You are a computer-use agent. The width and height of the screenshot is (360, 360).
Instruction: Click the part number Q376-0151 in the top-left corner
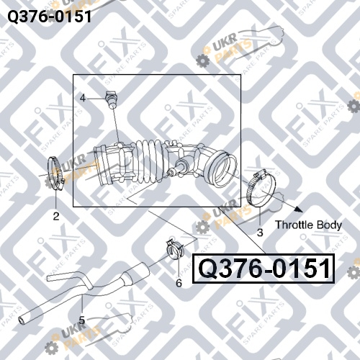click(50, 17)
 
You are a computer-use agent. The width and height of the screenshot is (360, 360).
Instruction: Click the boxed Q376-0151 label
click(264, 269)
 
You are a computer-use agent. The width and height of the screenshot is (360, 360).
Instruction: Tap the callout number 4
click(83, 98)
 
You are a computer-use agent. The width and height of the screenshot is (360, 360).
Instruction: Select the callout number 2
click(56, 217)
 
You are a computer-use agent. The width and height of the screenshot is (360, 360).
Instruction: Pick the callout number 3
click(260, 233)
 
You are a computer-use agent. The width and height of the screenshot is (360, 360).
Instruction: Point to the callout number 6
click(179, 283)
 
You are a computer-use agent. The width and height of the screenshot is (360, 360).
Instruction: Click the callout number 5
click(82, 320)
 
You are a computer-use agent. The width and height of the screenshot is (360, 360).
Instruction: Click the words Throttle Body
click(308, 225)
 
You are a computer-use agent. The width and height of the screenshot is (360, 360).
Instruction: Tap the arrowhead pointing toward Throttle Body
click(298, 209)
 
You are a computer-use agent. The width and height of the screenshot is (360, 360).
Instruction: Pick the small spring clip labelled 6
click(175, 250)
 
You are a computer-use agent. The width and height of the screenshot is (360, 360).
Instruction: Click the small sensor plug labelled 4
click(110, 99)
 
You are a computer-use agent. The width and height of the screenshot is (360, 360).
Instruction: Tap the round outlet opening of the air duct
click(223, 170)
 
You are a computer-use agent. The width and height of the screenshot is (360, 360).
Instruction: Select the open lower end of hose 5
click(21, 321)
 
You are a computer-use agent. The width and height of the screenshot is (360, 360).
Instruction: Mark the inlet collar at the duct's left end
click(103, 166)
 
